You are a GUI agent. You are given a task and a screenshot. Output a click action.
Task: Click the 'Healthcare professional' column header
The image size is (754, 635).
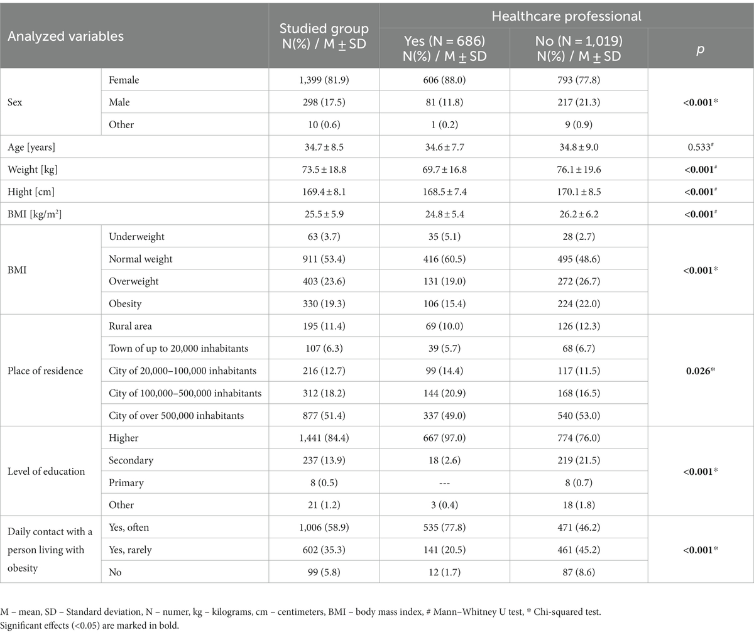pyautogui.click(x=566, y=17)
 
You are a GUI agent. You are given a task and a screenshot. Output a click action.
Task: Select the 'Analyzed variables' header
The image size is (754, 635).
pyautogui.click(x=66, y=36)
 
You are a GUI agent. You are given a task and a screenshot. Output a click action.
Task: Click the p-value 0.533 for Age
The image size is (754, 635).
pyautogui.click(x=700, y=147)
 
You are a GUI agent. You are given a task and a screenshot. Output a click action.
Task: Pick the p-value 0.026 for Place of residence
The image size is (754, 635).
pyautogui.click(x=700, y=371)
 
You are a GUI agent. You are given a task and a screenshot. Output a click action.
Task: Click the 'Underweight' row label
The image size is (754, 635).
pyautogui.click(x=136, y=237)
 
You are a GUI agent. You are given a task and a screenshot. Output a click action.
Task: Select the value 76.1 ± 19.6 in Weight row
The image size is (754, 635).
pyautogui.click(x=578, y=170)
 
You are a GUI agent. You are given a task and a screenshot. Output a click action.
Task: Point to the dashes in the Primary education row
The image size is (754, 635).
pyautogui.click(x=444, y=482)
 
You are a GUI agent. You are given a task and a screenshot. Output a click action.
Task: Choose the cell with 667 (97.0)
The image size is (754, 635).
pyautogui.click(x=444, y=438)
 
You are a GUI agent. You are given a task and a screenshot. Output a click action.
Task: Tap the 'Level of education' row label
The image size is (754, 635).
pyautogui.click(x=46, y=471)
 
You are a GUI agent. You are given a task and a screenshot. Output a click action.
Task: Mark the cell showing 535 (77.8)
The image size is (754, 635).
pyautogui.click(x=444, y=527)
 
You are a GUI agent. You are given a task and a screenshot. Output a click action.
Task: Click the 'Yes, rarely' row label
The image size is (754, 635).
pyautogui.click(x=130, y=550)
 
